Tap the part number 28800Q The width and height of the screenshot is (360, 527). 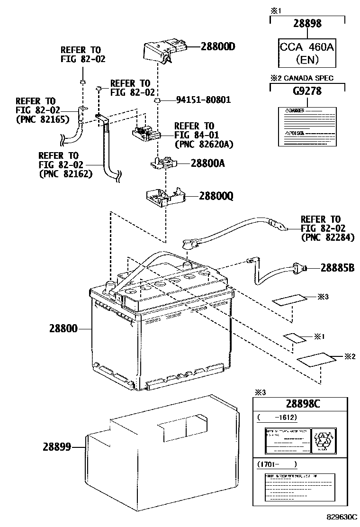coord(216,196)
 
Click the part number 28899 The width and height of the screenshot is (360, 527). coord(56,446)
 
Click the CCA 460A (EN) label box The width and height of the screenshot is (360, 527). coord(307,53)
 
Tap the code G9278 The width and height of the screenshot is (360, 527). coord(307,91)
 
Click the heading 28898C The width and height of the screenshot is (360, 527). coord(304,404)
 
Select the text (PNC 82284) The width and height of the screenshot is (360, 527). coord(327,238)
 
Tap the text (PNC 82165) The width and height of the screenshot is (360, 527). coord(43,120)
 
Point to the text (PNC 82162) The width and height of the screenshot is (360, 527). coord(65,174)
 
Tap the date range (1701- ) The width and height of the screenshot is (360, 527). coord(277,464)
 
